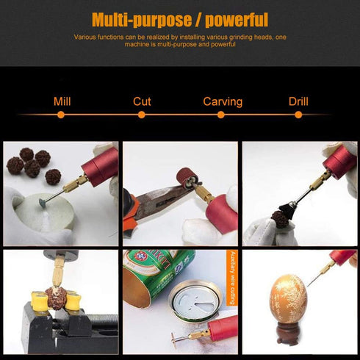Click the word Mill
tap(62, 101)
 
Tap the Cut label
tap(142, 101)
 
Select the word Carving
tap(223, 101)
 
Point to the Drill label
tap(299, 101)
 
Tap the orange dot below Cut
tap(142, 115)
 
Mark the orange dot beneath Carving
tap(223, 115)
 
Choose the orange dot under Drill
tap(299, 115)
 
